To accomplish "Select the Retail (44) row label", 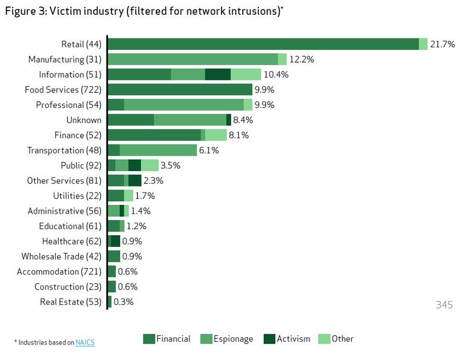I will point(81,44).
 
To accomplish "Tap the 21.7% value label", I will point(443,44).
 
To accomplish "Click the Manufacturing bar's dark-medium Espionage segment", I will point(193,59).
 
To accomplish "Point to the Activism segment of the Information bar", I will point(217,75).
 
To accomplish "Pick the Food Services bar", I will point(180,89).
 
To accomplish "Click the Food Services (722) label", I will point(63,90).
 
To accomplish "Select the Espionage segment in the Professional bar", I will point(184,105).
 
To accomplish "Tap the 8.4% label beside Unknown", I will point(243,120).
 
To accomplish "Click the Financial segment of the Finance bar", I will point(154,135).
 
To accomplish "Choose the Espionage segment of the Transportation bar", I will point(158,150).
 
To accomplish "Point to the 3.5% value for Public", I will point(170,166).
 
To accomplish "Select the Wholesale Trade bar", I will point(114,256).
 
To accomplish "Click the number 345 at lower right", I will point(444,306).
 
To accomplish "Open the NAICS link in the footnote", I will point(85,342).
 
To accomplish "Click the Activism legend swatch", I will point(270,339).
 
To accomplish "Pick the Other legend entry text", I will point(342,339).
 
